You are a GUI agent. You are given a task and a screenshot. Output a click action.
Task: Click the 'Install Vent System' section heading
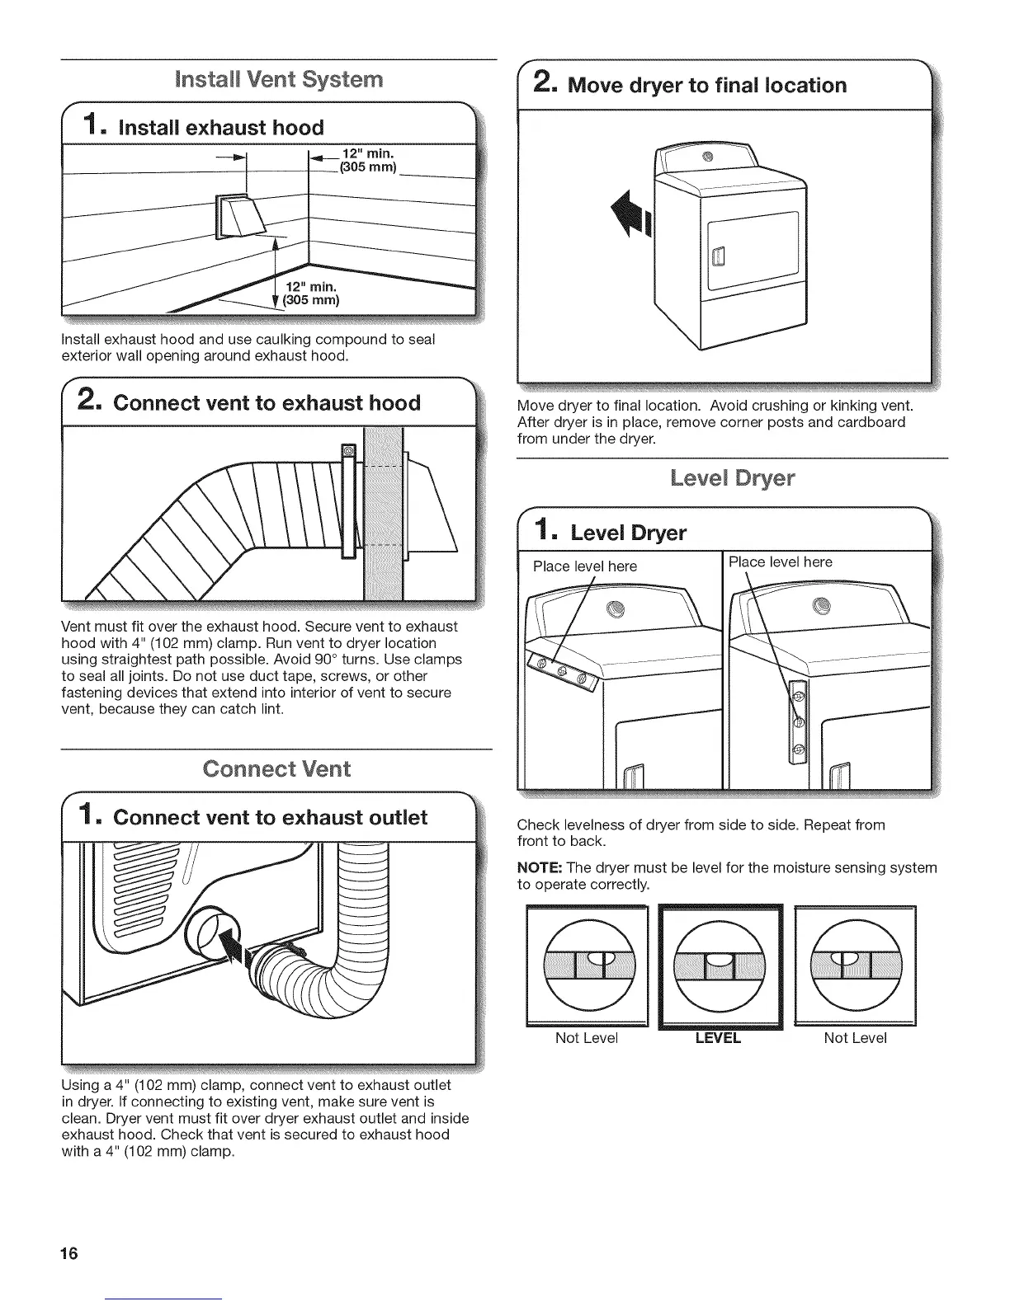[x=279, y=80]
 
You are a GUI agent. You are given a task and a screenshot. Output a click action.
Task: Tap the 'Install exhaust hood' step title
[x=221, y=128]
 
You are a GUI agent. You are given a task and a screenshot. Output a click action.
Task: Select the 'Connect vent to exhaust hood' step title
[x=267, y=403]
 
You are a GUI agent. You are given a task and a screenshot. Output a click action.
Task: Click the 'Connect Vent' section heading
[x=276, y=769]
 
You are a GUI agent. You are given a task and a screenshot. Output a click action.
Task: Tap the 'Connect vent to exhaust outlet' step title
[x=270, y=818]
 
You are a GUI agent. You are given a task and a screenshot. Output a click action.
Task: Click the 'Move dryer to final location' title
[x=707, y=86]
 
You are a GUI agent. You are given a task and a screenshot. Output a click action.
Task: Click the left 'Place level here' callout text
[x=585, y=566]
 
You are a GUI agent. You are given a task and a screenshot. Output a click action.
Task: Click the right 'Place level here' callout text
[x=781, y=562]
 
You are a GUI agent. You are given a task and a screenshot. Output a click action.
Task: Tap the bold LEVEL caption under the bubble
[x=718, y=1038]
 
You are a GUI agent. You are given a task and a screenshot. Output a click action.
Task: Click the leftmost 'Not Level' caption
[x=587, y=1038]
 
